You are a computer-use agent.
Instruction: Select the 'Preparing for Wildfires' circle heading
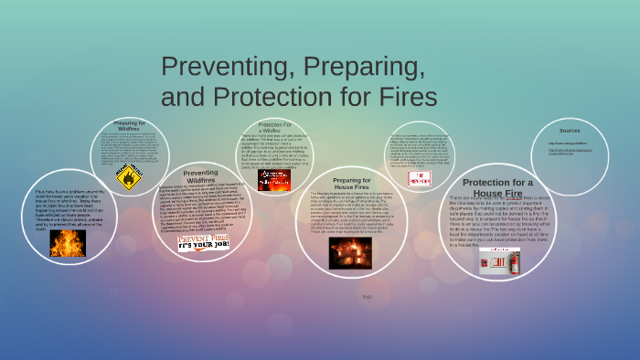[x=136, y=125]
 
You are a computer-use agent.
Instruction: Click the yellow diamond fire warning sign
[x=129, y=176]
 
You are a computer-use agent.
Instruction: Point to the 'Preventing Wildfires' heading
[x=200, y=176]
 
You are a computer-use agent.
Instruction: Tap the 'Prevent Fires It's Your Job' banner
[x=203, y=242]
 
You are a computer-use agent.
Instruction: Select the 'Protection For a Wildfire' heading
[x=274, y=127]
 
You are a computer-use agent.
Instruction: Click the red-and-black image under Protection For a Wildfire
[x=273, y=180]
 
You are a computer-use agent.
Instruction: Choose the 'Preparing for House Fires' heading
[x=351, y=184]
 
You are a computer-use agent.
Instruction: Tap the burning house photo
[x=350, y=252]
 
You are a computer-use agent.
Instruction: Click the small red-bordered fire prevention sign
[x=420, y=178]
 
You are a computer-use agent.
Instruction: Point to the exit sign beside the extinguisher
[x=494, y=261]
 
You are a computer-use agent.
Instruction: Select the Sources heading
[x=570, y=131]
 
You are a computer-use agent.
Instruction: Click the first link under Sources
[x=567, y=143]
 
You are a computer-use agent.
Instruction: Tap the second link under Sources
[x=570, y=153]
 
